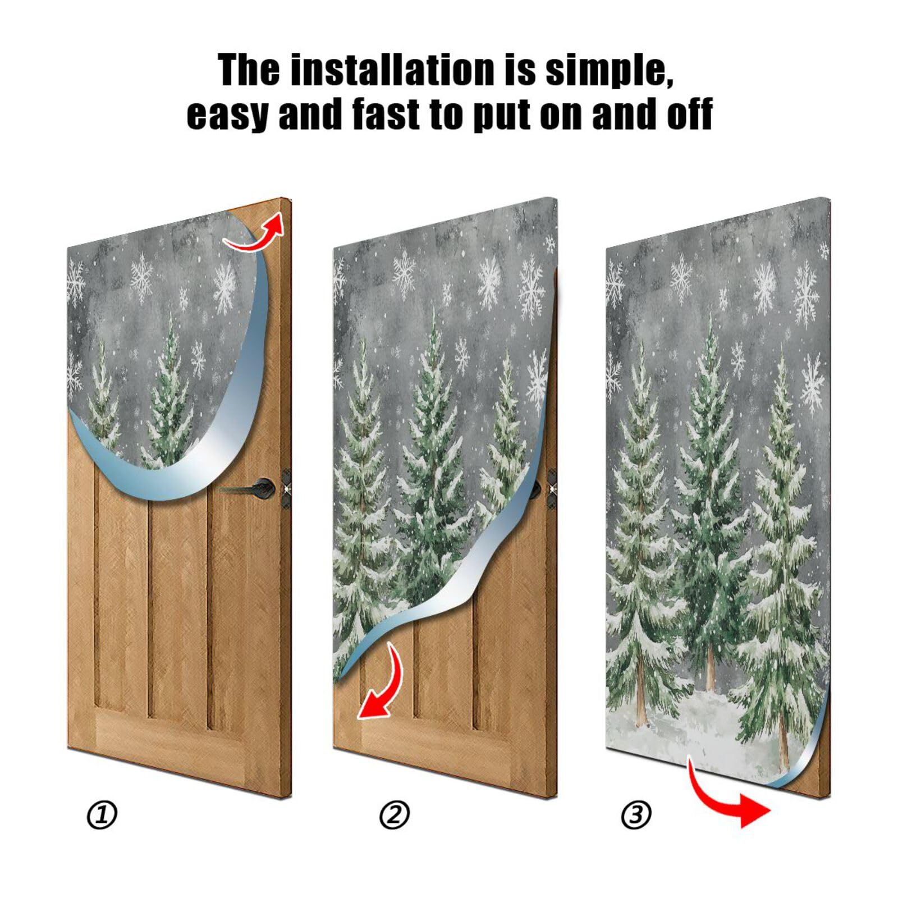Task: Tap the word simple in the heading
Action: tap(609, 70)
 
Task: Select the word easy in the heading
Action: tap(227, 115)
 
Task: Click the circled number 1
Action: tap(102, 815)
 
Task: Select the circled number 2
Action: tap(395, 815)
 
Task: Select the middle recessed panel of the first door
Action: tap(178, 606)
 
